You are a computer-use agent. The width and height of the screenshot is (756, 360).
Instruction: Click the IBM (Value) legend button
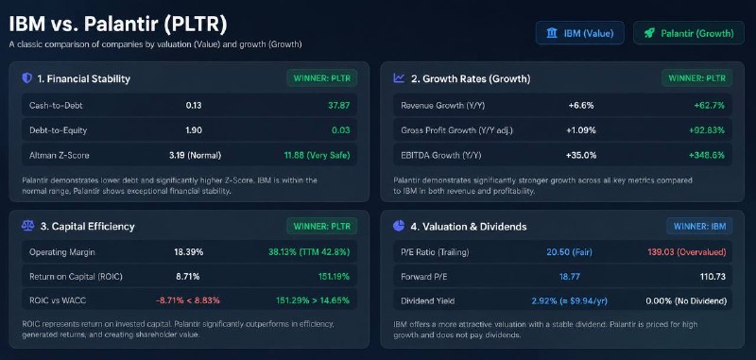point(580,33)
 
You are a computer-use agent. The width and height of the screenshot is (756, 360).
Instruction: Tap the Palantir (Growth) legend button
point(689,33)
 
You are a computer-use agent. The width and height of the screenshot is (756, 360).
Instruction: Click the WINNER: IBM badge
point(699,226)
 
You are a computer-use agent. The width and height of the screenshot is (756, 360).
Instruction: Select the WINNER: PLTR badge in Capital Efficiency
point(322,226)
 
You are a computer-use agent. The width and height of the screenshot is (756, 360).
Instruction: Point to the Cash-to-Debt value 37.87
point(339,105)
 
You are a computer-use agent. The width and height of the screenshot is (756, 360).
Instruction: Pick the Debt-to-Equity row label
point(58,130)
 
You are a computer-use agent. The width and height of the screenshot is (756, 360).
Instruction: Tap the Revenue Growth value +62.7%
point(709,105)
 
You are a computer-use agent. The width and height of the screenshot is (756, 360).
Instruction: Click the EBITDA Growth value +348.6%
point(706,155)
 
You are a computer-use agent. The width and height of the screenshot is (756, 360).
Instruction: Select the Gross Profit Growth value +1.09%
point(581,130)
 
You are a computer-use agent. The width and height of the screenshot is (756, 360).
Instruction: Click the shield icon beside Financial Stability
point(27,78)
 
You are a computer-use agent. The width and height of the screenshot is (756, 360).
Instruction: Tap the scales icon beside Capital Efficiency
point(27,226)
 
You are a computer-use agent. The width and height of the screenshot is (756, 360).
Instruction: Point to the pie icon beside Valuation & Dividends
point(399,226)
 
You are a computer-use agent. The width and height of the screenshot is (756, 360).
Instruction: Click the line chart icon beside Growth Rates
point(399,78)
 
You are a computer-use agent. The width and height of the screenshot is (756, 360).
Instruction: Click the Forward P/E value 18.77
point(569,277)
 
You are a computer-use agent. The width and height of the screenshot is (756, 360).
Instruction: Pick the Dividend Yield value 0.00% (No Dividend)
point(686,301)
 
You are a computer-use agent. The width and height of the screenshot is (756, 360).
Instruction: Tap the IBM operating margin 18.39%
point(188,252)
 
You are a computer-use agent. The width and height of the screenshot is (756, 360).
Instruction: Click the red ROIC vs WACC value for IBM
point(187,300)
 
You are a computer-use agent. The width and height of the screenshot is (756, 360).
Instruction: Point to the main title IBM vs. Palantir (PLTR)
point(117,26)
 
